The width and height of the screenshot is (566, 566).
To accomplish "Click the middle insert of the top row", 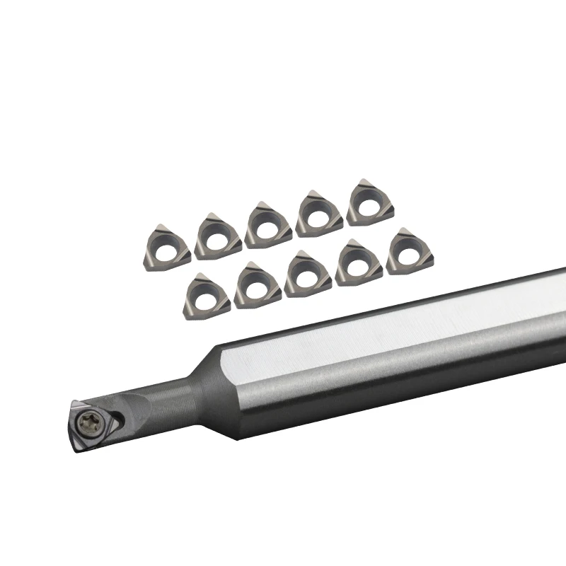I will (x=268, y=224).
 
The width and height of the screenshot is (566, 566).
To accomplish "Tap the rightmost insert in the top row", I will (x=370, y=202).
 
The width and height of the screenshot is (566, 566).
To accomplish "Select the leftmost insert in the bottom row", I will (x=207, y=296).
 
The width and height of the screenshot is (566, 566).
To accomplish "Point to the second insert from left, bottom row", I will (x=257, y=285).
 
